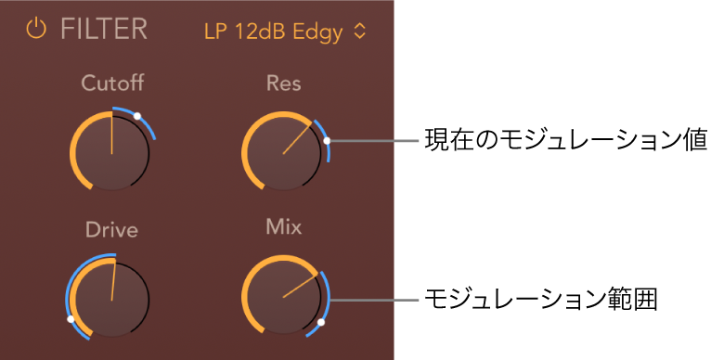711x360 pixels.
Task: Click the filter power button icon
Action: [36, 30]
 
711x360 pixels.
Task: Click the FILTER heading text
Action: [104, 30]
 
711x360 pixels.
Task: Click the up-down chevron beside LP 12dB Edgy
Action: [360, 32]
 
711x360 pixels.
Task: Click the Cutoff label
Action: [112, 84]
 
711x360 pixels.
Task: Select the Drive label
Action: [111, 230]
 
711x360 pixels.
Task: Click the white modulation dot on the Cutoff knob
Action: [136, 116]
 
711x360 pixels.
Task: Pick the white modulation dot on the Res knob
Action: [327, 142]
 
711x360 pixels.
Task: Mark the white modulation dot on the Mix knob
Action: [320, 322]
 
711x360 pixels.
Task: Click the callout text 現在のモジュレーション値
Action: [565, 141]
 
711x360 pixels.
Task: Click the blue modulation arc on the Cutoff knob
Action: [149, 125]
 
